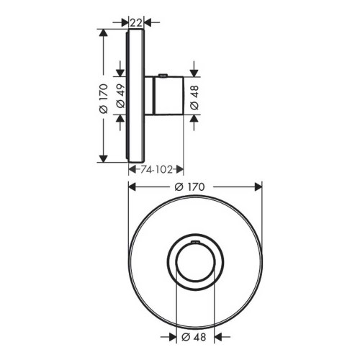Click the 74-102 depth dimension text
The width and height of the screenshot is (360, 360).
coord(156,169)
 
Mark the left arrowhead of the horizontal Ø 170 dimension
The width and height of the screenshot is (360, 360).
coord(132,186)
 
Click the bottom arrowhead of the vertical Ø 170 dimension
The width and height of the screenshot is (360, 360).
coord(105,157)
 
